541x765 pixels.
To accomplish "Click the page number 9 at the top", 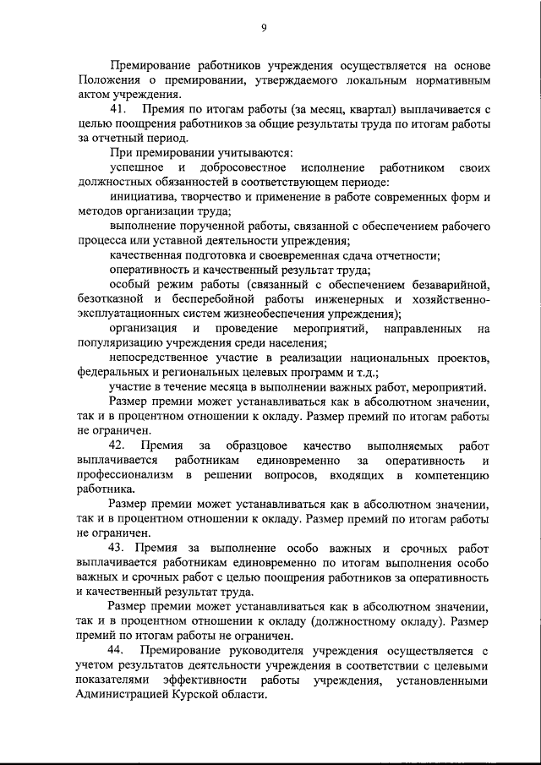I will click(264, 28).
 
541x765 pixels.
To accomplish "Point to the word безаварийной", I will click(449, 285).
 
